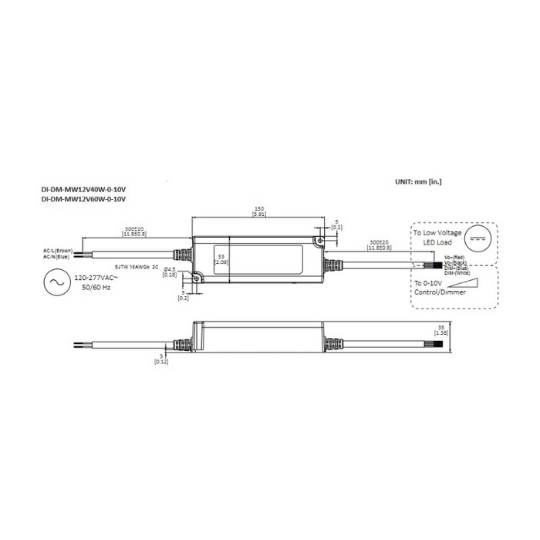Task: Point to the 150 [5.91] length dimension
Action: point(259,211)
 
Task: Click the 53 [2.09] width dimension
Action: point(221,258)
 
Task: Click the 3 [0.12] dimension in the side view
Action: point(160,359)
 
